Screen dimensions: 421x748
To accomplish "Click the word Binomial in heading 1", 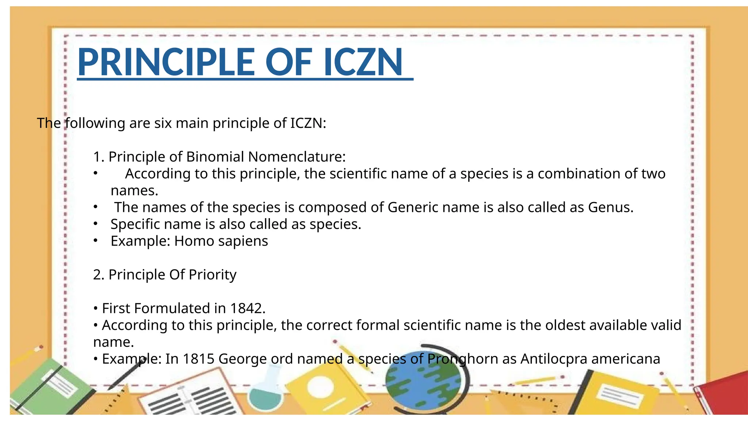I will pyautogui.click(x=215, y=157).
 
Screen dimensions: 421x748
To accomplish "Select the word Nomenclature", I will pyautogui.click(x=297, y=157).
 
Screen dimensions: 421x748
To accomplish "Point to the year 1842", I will pyautogui.click(x=247, y=308).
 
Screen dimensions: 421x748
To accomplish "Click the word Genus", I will pyautogui.click(x=610, y=208).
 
